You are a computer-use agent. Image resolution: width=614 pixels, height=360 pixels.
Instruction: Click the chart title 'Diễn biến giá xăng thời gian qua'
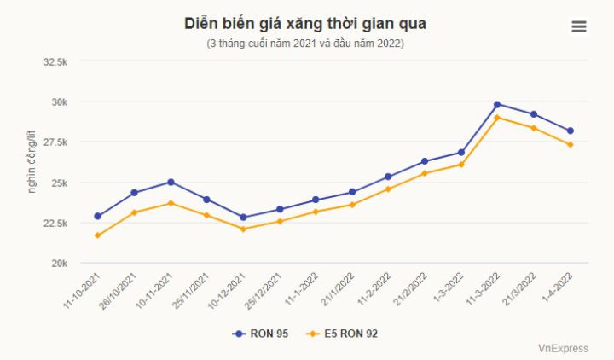point(305,24)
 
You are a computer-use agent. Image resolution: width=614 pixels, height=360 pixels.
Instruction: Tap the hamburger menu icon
point(579,26)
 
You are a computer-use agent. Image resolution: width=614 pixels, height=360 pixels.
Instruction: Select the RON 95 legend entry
point(260,334)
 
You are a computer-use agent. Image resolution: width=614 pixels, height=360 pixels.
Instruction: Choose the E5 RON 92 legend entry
point(341,334)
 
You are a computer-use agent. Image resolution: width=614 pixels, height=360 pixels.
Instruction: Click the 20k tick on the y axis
point(58,263)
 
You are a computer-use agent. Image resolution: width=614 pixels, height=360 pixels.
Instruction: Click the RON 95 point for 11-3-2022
point(497,104)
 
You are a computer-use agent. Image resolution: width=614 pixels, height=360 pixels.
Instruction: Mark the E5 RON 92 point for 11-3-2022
point(497,118)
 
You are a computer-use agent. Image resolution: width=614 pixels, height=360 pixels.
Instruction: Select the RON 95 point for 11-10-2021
point(97,217)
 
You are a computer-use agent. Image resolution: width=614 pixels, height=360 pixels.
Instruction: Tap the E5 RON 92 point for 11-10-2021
point(97,235)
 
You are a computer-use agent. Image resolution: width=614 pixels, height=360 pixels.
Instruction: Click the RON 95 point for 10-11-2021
point(171,182)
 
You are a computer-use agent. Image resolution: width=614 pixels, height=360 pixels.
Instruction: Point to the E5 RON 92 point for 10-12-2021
point(243,229)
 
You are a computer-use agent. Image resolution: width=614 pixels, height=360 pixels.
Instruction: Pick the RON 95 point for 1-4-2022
point(571,131)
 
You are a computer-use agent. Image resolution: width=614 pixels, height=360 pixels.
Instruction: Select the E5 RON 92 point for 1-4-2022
point(571,145)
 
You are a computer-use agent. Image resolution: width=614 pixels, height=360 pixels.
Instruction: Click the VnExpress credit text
point(563,348)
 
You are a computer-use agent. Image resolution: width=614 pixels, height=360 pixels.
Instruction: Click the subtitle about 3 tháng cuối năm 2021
point(305,44)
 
